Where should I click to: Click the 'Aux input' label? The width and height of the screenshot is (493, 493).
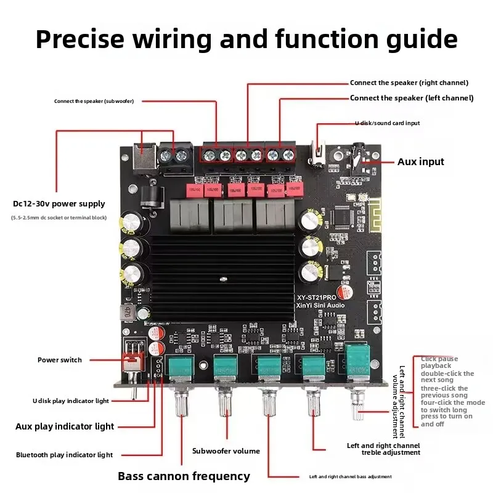coord(420,162)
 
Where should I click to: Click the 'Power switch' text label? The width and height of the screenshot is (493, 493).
coord(59,360)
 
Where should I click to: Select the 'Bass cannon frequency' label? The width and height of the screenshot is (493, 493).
coord(184,476)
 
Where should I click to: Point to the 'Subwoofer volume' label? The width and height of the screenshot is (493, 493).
coord(226,451)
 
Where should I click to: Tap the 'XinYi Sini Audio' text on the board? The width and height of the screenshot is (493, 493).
coord(319,305)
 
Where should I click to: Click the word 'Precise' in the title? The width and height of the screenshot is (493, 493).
coord(90,39)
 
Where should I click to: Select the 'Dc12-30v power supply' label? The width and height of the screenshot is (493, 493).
coord(59,204)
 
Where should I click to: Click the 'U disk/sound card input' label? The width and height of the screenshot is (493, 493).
coord(387,123)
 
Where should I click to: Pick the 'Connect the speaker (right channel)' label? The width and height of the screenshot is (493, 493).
coord(409,83)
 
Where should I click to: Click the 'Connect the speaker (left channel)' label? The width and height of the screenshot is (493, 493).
coord(411,98)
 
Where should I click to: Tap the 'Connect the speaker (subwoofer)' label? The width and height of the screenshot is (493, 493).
coord(94,101)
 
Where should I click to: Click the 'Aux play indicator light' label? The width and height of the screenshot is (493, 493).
coord(65,426)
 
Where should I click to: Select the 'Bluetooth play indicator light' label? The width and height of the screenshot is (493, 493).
coord(64,455)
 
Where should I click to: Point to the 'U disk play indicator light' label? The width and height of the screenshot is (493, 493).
coord(70,401)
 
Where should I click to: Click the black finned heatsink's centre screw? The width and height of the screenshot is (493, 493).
coord(220,280)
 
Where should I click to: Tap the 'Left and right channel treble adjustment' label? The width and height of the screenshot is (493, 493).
coord(383,449)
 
